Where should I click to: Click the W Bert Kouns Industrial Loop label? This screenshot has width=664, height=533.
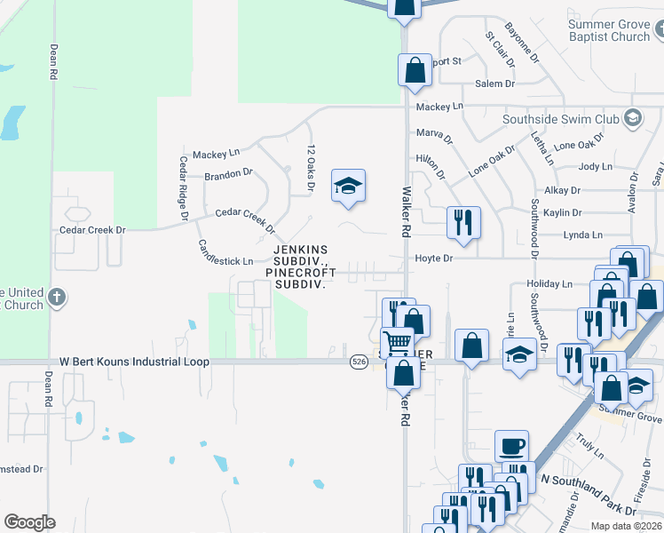[134, 362]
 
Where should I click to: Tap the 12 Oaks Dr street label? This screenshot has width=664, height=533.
[311, 168]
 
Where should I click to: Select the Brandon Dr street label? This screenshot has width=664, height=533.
[228, 174]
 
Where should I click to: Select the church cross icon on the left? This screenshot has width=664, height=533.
[56, 298]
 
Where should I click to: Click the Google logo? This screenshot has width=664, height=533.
[29, 522]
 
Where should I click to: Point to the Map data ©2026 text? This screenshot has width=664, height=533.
[625, 526]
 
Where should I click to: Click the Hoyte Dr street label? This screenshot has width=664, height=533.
[434, 259]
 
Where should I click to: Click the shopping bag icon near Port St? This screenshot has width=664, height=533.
[415, 70]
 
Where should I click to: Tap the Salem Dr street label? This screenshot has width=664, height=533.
[495, 84]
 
